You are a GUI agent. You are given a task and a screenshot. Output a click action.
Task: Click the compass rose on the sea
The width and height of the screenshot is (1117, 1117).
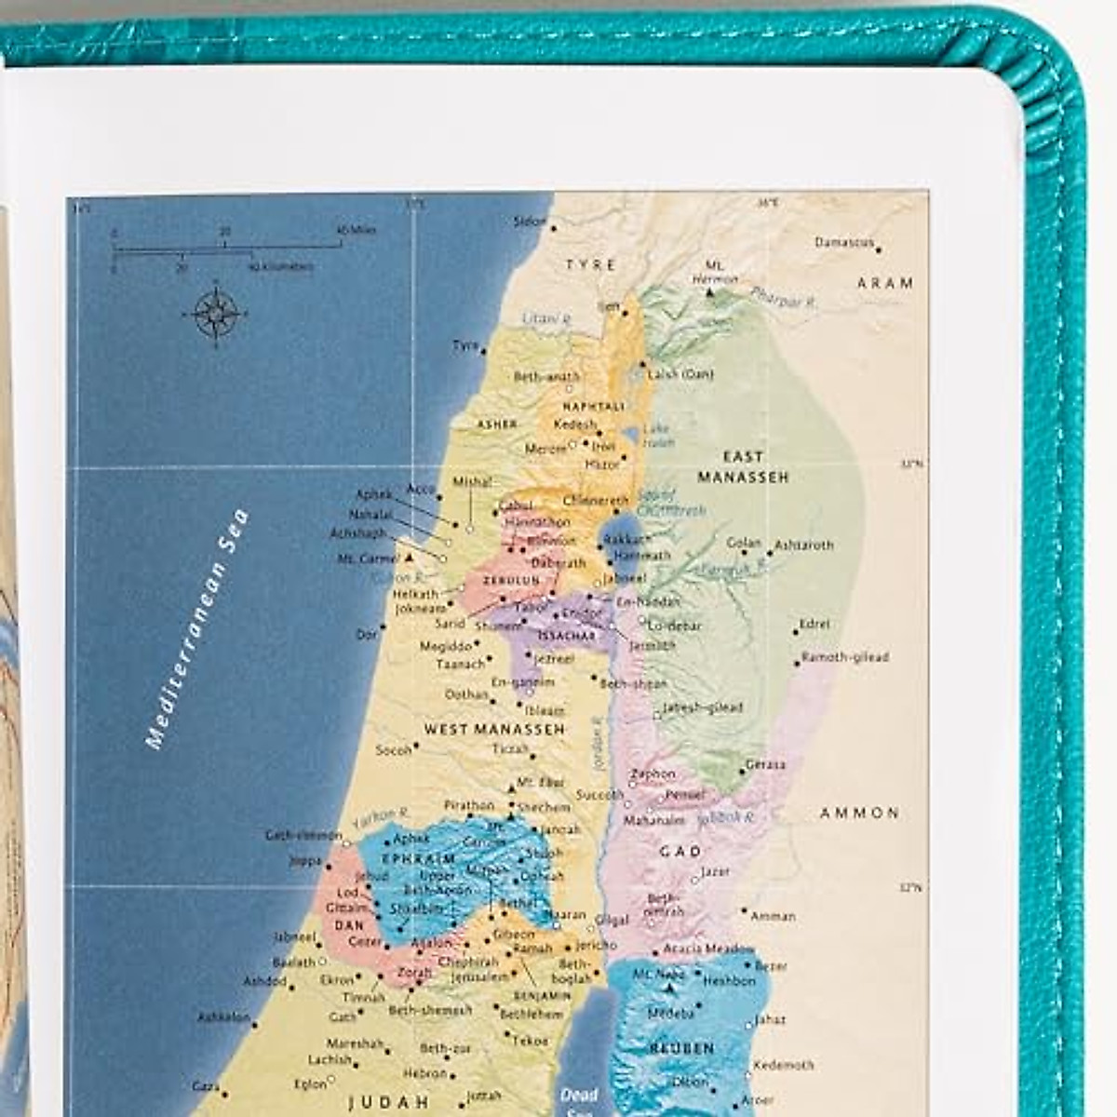click(216, 314)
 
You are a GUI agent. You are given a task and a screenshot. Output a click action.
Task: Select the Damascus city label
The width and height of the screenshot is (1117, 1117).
click(844, 243)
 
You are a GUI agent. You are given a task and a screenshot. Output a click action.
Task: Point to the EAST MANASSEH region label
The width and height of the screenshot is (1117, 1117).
click(744, 466)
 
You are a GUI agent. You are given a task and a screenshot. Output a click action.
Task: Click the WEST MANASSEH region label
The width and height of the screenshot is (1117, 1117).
click(494, 730)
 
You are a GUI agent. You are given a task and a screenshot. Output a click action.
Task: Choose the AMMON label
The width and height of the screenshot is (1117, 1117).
click(859, 813)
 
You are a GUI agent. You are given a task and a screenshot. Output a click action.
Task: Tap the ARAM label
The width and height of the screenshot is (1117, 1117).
click(885, 283)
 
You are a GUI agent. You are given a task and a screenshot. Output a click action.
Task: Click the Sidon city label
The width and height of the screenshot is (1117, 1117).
click(530, 222)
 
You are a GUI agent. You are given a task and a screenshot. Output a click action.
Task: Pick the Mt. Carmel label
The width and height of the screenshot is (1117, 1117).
click(369, 558)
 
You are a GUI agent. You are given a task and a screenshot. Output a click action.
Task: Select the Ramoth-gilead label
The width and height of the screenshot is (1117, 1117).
click(845, 657)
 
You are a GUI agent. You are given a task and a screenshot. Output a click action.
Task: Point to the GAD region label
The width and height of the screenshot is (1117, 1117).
click(680, 852)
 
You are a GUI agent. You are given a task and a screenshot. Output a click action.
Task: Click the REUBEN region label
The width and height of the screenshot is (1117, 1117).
click(682, 1048)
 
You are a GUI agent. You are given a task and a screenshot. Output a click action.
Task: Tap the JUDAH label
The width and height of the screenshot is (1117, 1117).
click(388, 1104)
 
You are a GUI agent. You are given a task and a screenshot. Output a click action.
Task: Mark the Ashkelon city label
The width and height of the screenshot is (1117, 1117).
click(223, 1017)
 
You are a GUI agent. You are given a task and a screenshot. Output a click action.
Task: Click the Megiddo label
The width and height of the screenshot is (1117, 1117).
click(446, 646)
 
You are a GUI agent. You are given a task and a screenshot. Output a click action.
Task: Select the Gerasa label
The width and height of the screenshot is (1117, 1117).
click(765, 764)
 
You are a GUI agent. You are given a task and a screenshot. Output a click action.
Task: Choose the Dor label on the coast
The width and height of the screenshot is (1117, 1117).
click(367, 634)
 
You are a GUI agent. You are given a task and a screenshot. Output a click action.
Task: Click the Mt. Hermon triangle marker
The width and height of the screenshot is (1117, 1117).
click(710, 292)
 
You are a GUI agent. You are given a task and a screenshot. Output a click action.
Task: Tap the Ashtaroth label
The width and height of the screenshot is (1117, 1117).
click(804, 545)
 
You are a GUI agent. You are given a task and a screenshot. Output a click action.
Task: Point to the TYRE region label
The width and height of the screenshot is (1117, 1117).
click(591, 265)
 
